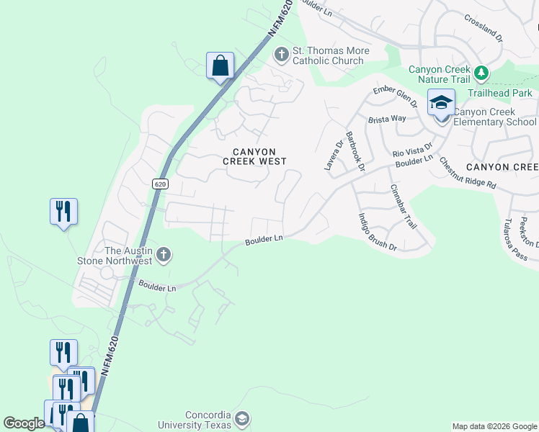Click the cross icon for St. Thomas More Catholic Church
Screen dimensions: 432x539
click(x=280, y=54)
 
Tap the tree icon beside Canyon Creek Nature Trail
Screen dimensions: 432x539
click(x=481, y=73)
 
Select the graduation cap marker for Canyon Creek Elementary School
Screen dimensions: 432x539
click(x=441, y=103)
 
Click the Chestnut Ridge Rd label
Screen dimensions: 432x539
click(x=468, y=174)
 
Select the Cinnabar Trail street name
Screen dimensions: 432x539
click(x=404, y=207)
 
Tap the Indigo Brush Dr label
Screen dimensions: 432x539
click(x=378, y=232)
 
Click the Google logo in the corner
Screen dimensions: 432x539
click(x=24, y=423)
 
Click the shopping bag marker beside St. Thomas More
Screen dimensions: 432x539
click(x=220, y=66)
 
